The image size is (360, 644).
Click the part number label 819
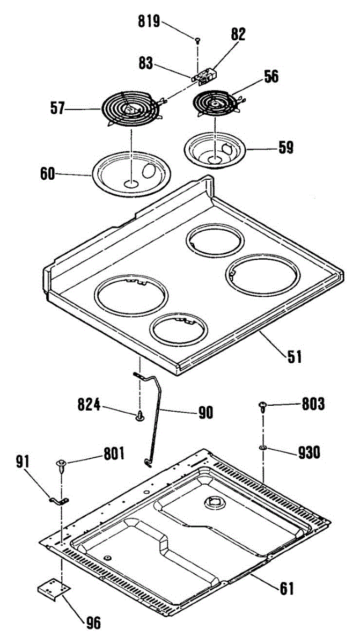(x=149, y=22)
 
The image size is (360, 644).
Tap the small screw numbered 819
(x=198, y=40)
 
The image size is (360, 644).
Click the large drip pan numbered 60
(x=130, y=173)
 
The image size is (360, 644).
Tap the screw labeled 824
(x=141, y=416)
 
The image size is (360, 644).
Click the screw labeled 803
(x=263, y=406)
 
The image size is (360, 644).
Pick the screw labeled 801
(x=61, y=464)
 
